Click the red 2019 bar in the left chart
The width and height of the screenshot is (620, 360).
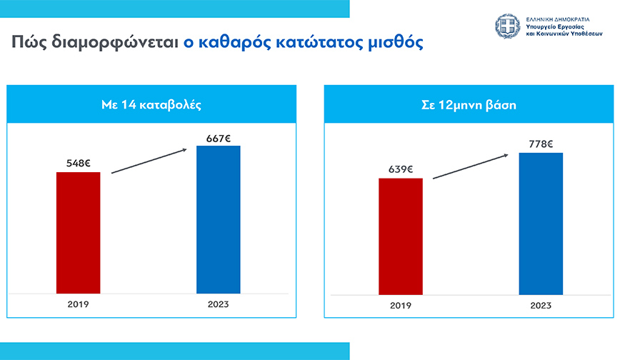(x=79, y=232)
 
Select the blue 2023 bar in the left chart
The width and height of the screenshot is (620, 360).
(x=219, y=219)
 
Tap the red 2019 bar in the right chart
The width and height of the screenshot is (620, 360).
(x=401, y=236)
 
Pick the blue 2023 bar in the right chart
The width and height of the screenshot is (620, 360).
(x=541, y=223)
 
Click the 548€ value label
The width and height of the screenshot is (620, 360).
(x=78, y=164)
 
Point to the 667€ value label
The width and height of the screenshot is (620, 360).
(x=218, y=137)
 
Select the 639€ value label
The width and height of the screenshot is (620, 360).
(x=401, y=170)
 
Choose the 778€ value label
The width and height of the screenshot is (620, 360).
(x=541, y=144)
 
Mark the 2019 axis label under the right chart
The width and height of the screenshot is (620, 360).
(x=401, y=306)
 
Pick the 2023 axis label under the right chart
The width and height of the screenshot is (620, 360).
(x=541, y=306)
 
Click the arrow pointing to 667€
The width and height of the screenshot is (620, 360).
(x=149, y=160)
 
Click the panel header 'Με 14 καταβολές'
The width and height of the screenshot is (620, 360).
(x=151, y=104)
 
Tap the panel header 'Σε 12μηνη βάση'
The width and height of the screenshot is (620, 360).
(x=469, y=104)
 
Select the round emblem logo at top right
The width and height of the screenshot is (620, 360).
(x=508, y=26)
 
